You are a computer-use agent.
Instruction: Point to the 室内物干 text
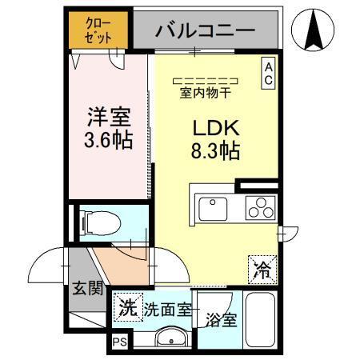point(206,91)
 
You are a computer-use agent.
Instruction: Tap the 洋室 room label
point(108,115)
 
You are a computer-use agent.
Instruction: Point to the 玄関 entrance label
point(88,287)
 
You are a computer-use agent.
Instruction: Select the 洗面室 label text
point(166,309)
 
